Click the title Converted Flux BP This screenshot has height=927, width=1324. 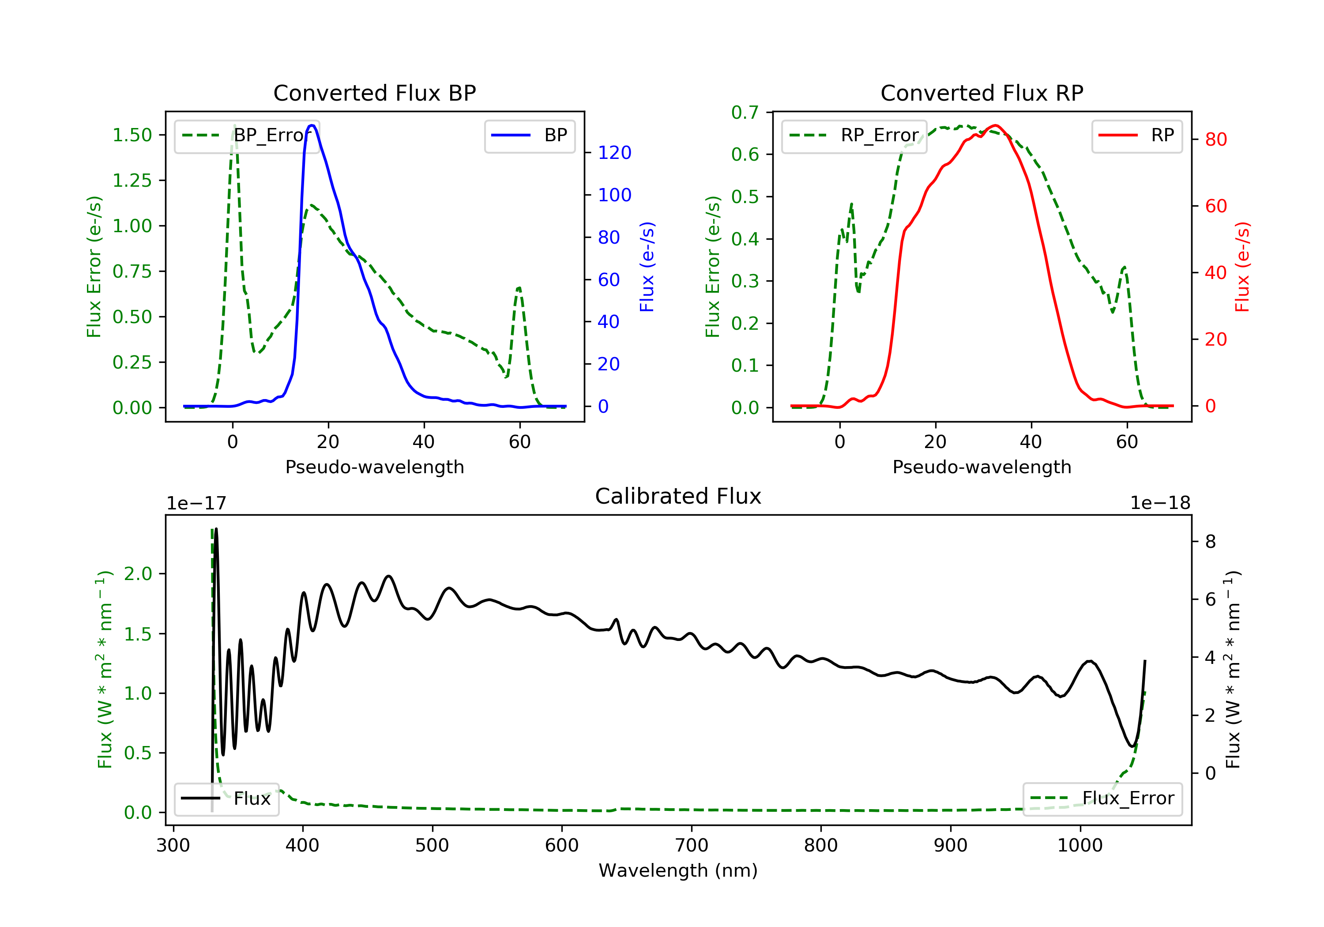pyautogui.click(x=374, y=93)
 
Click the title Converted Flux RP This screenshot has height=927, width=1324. pyautogui.click(x=982, y=93)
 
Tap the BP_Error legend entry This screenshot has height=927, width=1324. pyautogui.click(x=247, y=136)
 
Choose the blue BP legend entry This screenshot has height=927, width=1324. pyautogui.click(x=529, y=136)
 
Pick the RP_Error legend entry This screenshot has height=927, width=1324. pyautogui.click(x=854, y=136)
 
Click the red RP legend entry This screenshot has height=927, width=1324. pyautogui.click(x=1136, y=136)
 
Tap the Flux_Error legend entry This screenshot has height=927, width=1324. pyautogui.click(x=1102, y=799)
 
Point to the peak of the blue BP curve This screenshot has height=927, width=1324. pyautogui.click(x=312, y=125)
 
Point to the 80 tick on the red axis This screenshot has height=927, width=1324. pyautogui.click(x=1215, y=139)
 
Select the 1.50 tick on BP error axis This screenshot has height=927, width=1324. pyautogui.click(x=132, y=135)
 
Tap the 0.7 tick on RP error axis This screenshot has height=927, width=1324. pyautogui.click(x=745, y=113)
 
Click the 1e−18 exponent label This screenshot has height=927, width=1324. pyautogui.click(x=1160, y=504)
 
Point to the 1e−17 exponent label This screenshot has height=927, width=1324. pyautogui.click(x=196, y=504)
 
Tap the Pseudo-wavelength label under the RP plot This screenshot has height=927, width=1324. pyautogui.click(x=982, y=467)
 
